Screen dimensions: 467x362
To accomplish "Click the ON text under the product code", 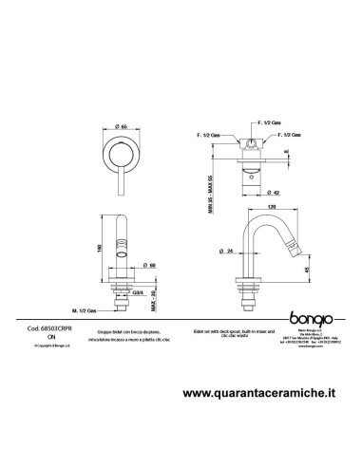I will click(x=38, y=335).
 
